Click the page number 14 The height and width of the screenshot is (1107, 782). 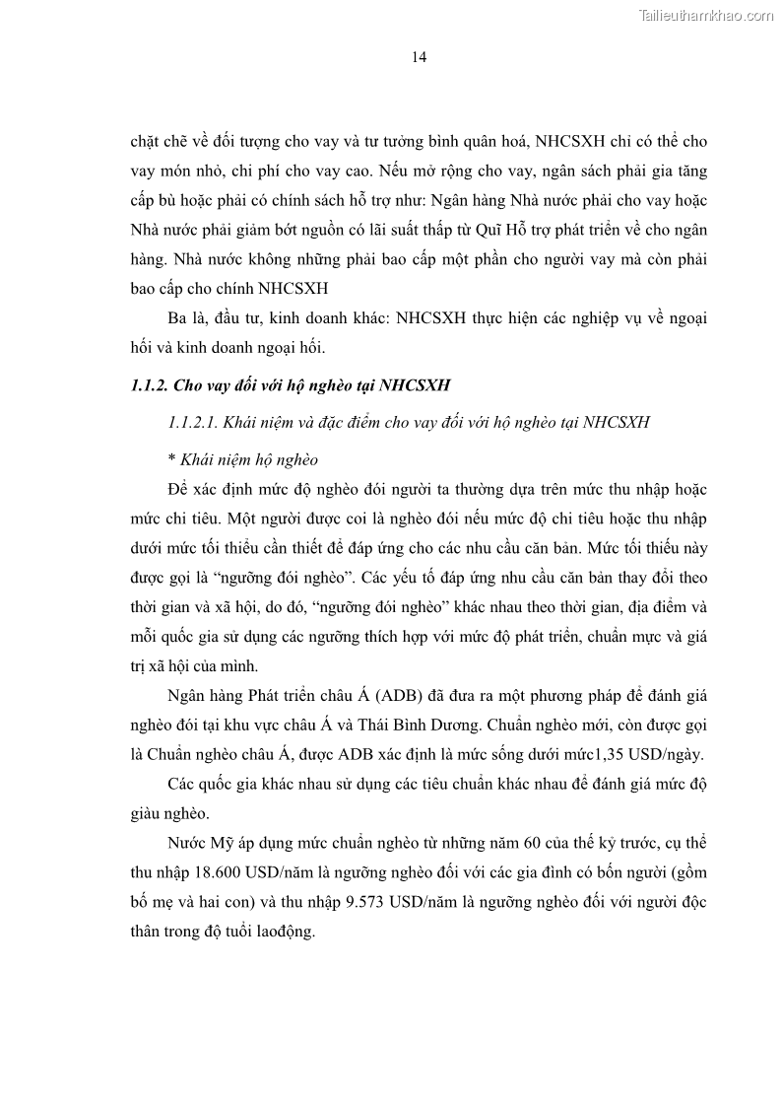click(419, 57)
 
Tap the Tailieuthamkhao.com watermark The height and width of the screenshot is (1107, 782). click(706, 15)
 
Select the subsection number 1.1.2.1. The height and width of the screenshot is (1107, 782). click(193, 422)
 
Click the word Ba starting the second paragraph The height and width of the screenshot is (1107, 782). click(179, 319)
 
